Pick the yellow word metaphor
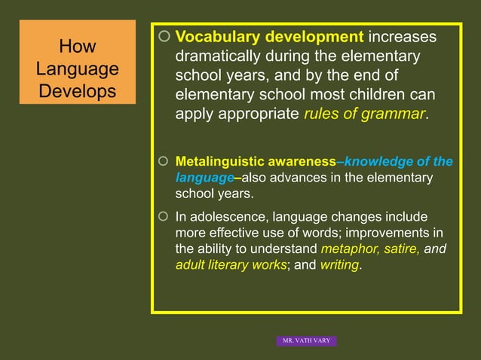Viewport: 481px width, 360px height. pos(347,249)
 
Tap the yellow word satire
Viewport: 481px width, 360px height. pos(400,249)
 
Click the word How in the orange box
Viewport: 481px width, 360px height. pos(77,47)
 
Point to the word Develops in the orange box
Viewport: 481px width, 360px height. pos(77,92)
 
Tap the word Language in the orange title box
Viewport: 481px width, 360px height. pos(77,69)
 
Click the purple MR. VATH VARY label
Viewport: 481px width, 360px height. pos(306,341)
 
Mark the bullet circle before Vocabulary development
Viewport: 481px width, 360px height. pos(165,38)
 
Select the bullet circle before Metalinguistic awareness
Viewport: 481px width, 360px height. pos(165,162)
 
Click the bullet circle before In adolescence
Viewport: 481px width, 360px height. pos(165,217)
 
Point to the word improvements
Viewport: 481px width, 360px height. pos(397,233)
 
